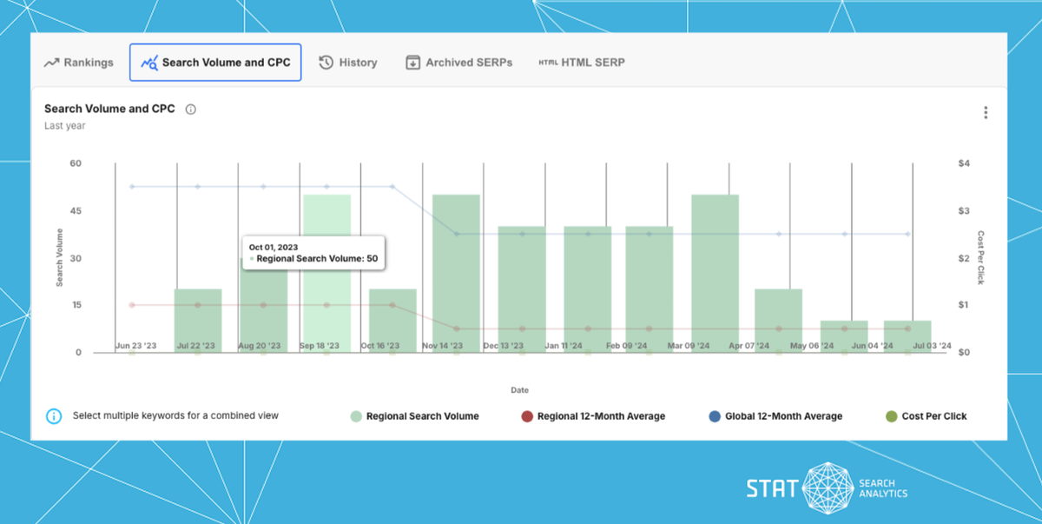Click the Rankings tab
tap(79, 63)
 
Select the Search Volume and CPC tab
tap(215, 63)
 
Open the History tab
tap(348, 63)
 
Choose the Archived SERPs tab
tap(459, 63)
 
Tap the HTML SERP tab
tap(582, 63)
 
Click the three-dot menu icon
tap(986, 113)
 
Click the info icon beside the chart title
tap(191, 109)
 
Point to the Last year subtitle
tap(65, 126)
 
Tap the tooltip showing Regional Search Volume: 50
tap(313, 253)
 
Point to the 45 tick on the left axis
tap(76, 211)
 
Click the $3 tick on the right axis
tap(964, 211)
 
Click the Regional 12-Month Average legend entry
tap(592, 416)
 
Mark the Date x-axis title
tap(519, 390)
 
